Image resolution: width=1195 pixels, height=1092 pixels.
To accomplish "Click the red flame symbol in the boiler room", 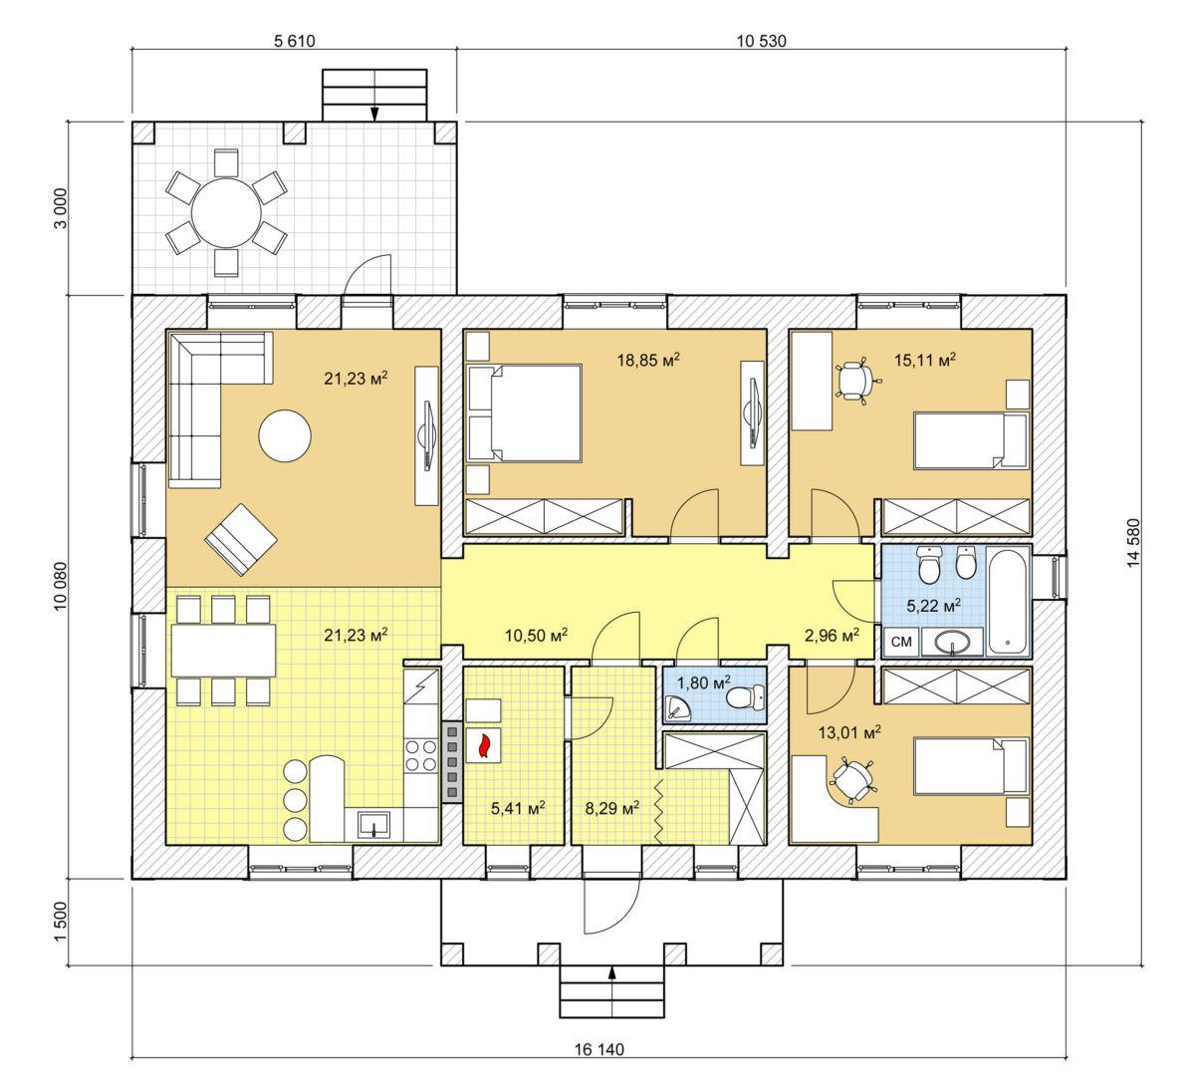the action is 484,745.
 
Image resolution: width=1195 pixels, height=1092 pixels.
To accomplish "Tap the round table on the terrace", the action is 226,212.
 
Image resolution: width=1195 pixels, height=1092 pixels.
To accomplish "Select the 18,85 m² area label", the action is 648,360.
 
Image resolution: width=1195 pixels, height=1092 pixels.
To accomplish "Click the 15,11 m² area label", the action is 925,360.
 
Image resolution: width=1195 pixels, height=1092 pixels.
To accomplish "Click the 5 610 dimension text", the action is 295,41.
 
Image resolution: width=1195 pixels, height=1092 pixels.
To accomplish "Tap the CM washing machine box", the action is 901,642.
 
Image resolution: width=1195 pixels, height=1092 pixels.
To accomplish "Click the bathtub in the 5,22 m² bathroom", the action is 1008,602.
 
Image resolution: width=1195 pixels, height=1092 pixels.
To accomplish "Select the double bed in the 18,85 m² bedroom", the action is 524,413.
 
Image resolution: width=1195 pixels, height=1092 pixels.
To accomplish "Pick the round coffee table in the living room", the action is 285,435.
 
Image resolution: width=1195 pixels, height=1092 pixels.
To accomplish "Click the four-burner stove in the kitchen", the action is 422,755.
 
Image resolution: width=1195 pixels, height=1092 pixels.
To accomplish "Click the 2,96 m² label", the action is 832,636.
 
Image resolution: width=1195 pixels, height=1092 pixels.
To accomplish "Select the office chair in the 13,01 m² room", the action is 851,780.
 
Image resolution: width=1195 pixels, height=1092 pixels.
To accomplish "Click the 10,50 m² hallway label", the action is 536,636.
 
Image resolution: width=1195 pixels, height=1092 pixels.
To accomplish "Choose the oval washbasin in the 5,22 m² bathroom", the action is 952,642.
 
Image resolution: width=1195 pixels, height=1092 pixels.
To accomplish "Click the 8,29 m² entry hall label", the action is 612,808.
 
